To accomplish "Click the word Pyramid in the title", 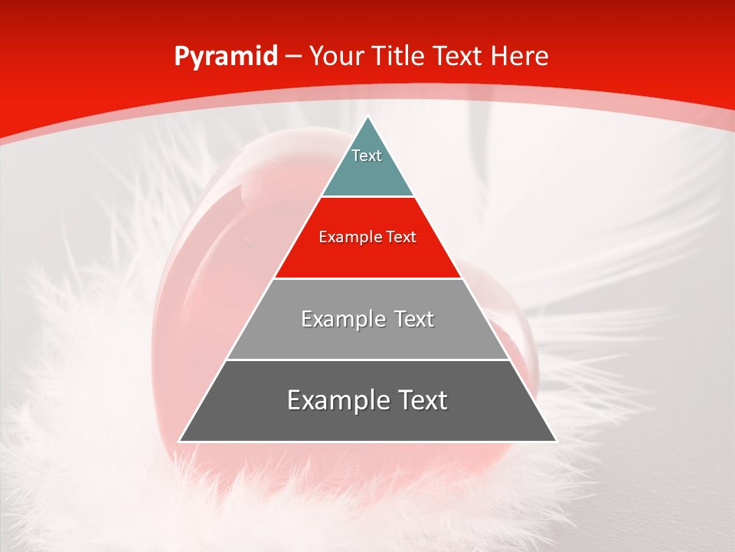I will pos(225,57).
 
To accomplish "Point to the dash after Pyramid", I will pos(293,58).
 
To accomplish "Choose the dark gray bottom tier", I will pos(367,422).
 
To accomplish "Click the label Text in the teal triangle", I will pos(367,156).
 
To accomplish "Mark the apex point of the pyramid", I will pos(367,117).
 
